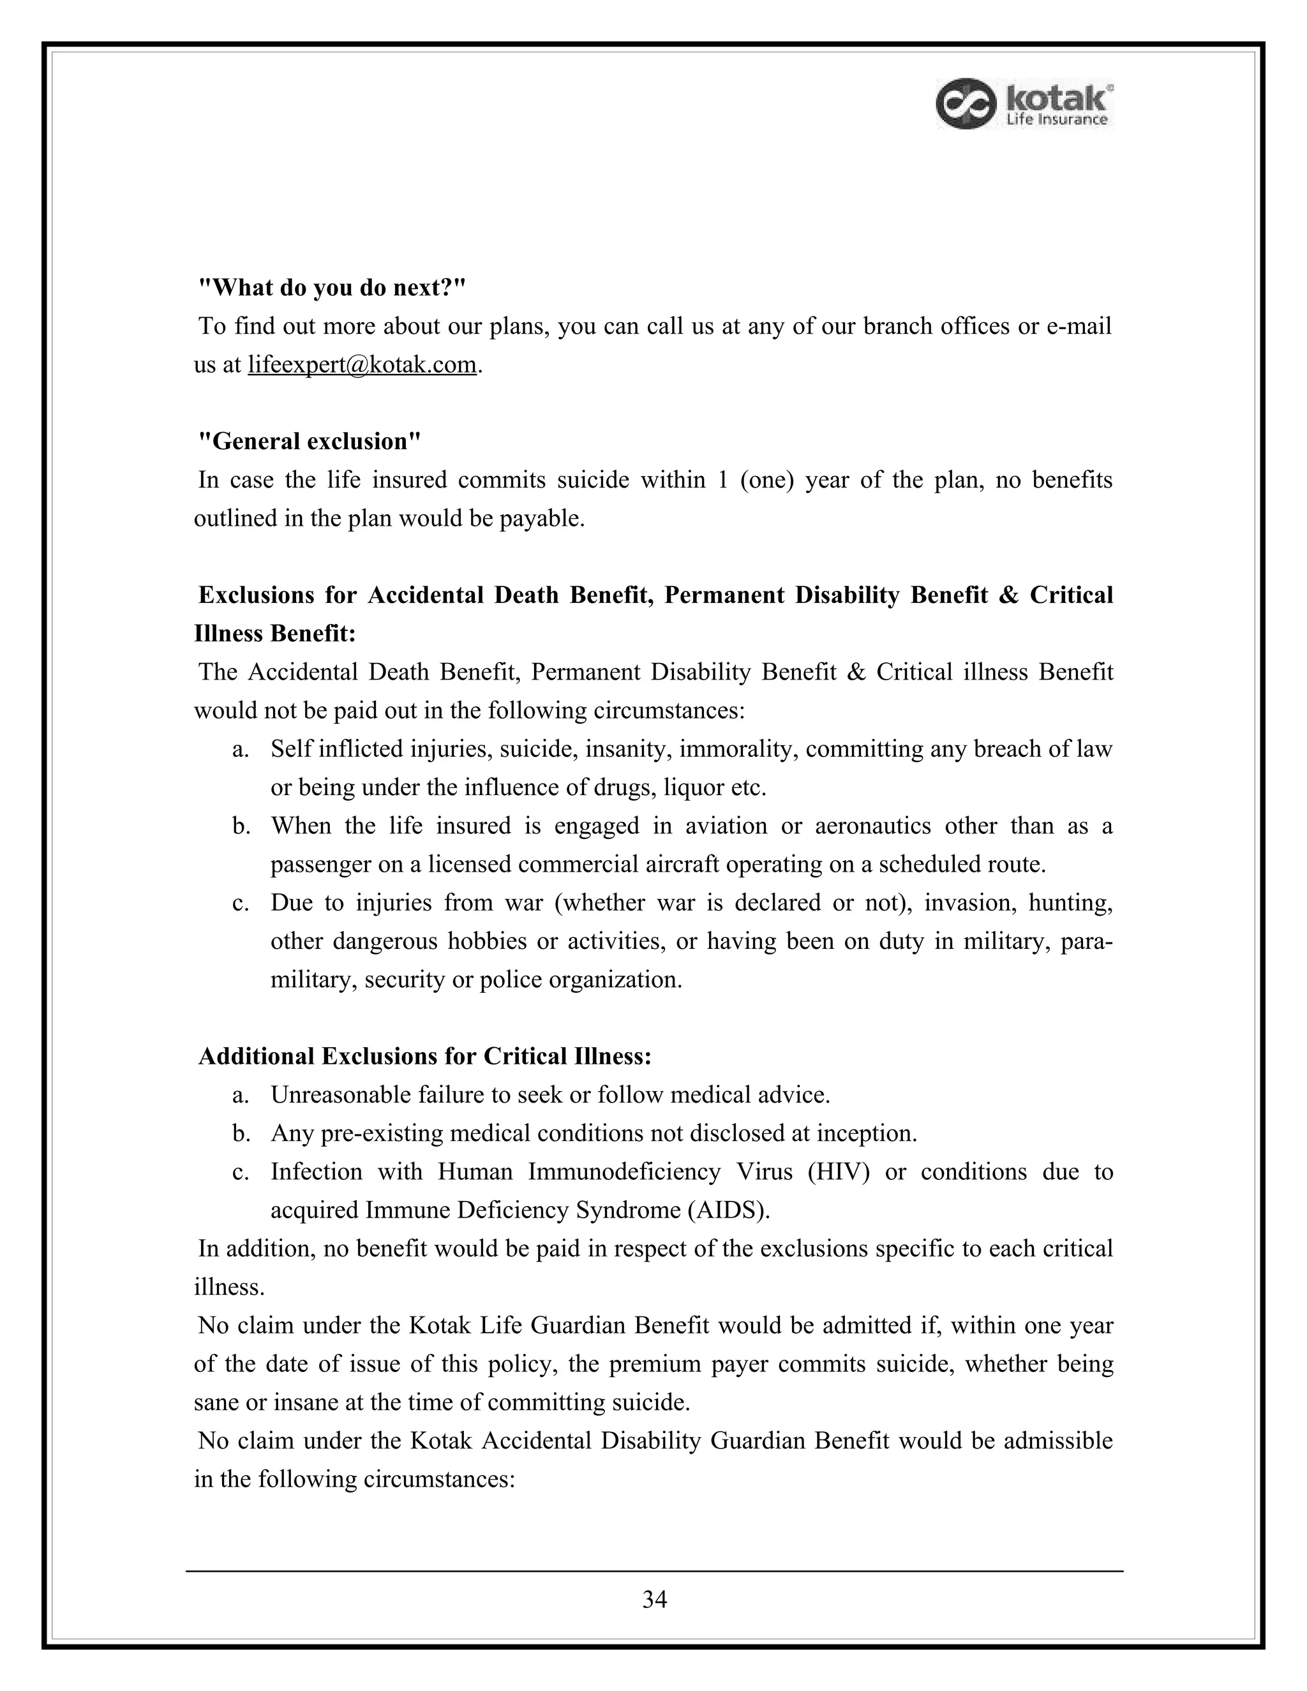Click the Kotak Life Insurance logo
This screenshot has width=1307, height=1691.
(1024, 104)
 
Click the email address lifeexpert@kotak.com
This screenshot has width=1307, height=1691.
(362, 364)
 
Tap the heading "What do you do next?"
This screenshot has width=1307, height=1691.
(332, 288)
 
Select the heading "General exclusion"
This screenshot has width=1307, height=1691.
(310, 442)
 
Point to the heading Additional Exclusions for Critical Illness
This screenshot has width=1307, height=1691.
(424, 1056)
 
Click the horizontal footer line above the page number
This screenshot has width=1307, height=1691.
(654, 1571)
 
